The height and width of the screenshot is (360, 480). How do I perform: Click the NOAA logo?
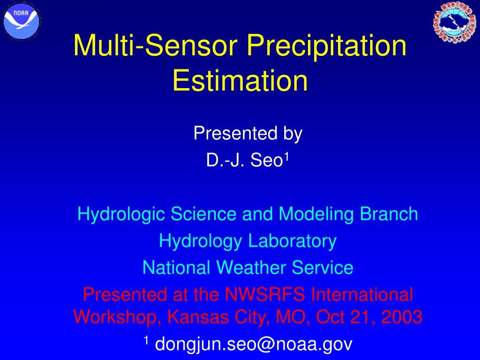[x=22, y=21]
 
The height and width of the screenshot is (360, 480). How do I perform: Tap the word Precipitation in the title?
[x=327, y=45]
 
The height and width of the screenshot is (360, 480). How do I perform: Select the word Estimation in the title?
[x=240, y=80]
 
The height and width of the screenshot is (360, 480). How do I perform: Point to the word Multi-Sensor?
[x=156, y=45]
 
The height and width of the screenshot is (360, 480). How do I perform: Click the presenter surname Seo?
[x=267, y=160]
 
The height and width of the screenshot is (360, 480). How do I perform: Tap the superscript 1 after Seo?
[x=287, y=156]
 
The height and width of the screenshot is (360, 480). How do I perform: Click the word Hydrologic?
[x=121, y=214]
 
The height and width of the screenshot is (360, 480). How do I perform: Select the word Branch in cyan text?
[x=389, y=213]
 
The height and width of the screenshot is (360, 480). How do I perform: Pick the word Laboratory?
[x=292, y=241]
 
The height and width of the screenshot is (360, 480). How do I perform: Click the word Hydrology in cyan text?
[x=201, y=241]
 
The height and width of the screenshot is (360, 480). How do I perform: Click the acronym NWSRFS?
[x=265, y=294]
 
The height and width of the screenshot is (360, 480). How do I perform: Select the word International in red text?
[x=362, y=294]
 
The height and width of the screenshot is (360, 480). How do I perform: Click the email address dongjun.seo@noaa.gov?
[x=254, y=344]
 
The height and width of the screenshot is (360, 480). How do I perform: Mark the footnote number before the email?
[x=146, y=340]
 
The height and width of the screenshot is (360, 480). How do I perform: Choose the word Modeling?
[x=316, y=214]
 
